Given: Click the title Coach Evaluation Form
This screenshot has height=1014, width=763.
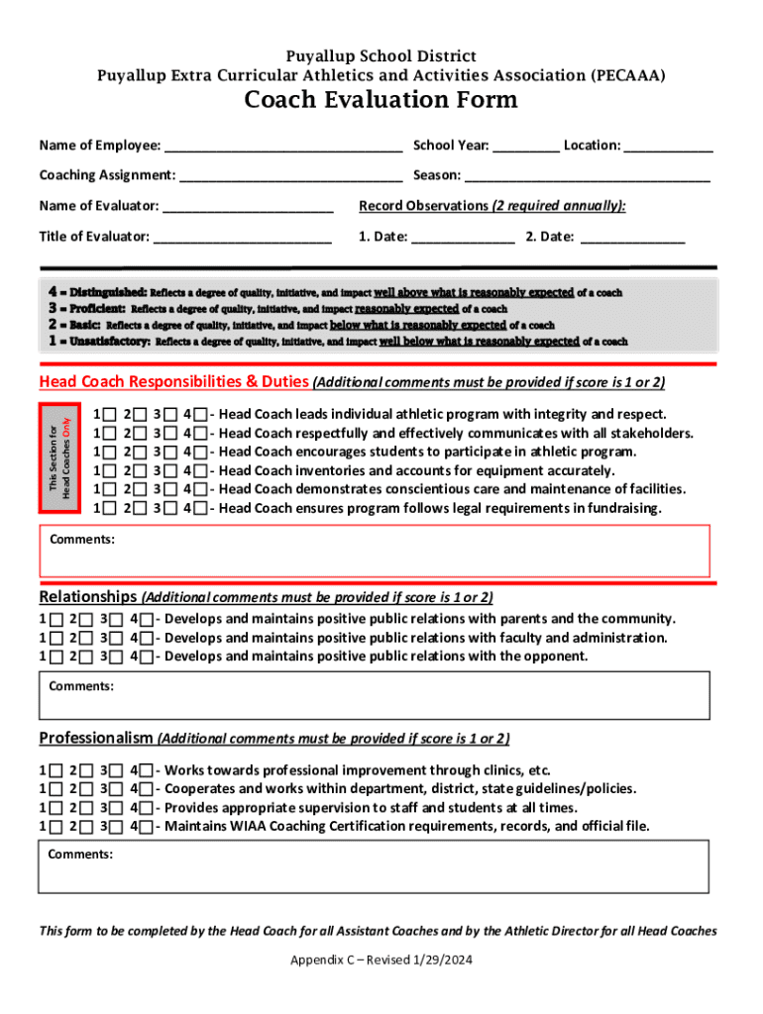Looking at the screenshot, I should click(x=381, y=100).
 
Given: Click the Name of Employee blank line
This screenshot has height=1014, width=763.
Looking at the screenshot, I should click(x=283, y=146).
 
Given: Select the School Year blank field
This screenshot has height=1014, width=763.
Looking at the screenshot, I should click(x=526, y=146).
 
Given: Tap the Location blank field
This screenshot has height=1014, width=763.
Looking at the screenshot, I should click(x=669, y=146).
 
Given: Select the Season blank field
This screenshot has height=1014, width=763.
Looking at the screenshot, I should click(x=588, y=175).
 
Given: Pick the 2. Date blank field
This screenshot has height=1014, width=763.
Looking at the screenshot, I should click(x=632, y=237).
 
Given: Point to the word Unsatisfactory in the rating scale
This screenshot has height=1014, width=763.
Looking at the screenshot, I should click(x=111, y=341).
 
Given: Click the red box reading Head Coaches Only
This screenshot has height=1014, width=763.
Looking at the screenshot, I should click(x=59, y=459).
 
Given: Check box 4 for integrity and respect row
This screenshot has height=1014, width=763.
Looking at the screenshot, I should click(x=201, y=415).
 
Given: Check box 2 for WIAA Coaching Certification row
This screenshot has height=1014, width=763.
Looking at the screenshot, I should click(x=86, y=827).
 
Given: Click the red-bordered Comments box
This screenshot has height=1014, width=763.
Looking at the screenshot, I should click(x=375, y=552).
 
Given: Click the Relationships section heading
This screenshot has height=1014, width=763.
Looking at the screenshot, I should click(x=87, y=597).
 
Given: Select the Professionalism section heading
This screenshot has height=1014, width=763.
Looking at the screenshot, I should click(x=96, y=738).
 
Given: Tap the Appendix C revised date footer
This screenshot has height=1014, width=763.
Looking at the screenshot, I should click(x=381, y=961).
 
